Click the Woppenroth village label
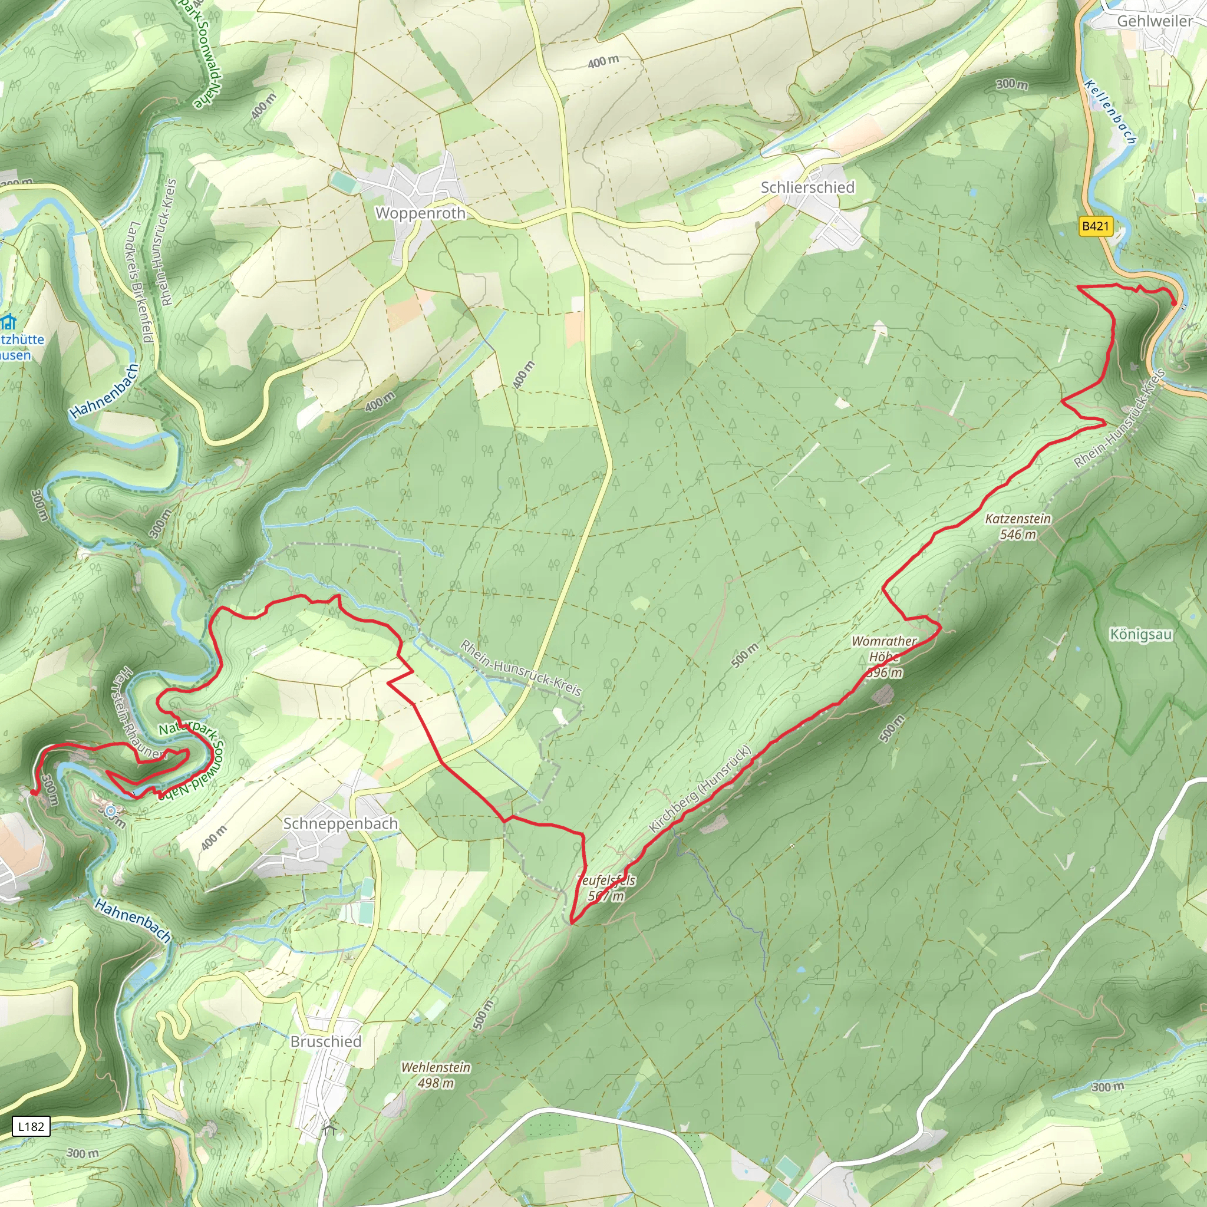[x=420, y=213]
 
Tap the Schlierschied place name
[x=807, y=187]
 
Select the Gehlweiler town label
[x=1155, y=21]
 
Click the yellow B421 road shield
[x=1096, y=226]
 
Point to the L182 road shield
[x=31, y=1126]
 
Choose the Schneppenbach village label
[x=341, y=823]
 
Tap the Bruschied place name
[x=325, y=1041]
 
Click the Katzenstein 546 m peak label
[x=1018, y=526]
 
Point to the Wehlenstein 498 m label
[x=436, y=1074]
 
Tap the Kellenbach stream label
[x=1110, y=112]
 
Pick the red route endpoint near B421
[x=1173, y=303]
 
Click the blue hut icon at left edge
[x=8, y=323]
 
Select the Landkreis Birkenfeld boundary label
[x=141, y=281]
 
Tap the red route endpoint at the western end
[x=33, y=793]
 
